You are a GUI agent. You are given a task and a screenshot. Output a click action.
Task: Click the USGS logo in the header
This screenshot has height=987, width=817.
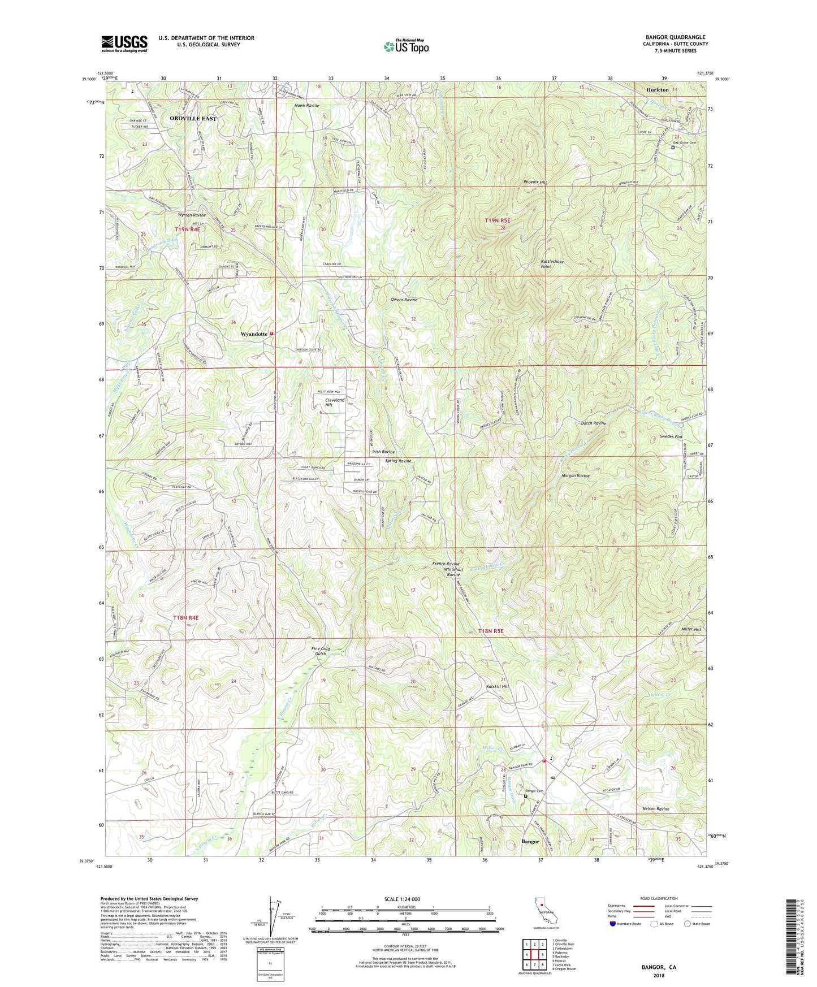click(124, 43)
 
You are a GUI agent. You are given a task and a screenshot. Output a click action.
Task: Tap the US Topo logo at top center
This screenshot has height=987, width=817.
click(406, 46)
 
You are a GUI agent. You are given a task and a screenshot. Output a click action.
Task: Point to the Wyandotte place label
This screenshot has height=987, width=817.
click(254, 334)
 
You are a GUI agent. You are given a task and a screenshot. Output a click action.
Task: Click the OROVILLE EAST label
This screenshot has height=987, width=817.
click(193, 119)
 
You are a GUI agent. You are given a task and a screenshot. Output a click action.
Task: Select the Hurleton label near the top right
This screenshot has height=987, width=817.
click(658, 90)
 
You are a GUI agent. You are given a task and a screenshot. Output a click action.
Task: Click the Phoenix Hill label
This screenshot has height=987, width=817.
click(535, 183)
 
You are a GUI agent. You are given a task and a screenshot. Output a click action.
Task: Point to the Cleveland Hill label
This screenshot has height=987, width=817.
click(334, 402)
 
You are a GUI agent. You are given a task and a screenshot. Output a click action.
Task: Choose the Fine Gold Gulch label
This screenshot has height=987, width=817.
click(320, 651)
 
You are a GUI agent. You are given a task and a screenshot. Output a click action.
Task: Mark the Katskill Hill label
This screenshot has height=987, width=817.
click(494, 686)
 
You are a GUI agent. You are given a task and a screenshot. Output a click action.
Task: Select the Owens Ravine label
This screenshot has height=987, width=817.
click(404, 300)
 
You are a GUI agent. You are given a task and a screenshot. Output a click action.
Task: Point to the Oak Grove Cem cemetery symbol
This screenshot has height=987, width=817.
click(673, 148)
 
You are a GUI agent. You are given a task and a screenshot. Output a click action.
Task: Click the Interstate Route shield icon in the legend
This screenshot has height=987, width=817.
click(614, 924)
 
